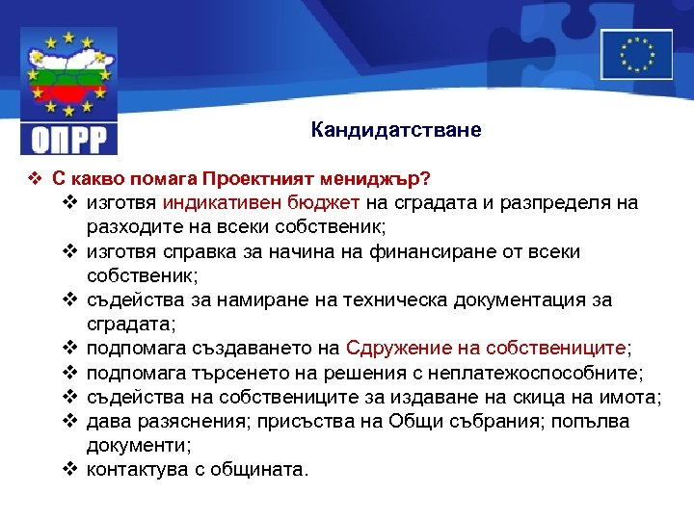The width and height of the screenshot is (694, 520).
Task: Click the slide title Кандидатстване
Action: (x=395, y=129)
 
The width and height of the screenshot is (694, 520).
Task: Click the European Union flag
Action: (x=636, y=54)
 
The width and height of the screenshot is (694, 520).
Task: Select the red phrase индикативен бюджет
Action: (x=262, y=203)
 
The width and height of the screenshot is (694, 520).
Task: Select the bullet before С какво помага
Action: (x=34, y=179)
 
